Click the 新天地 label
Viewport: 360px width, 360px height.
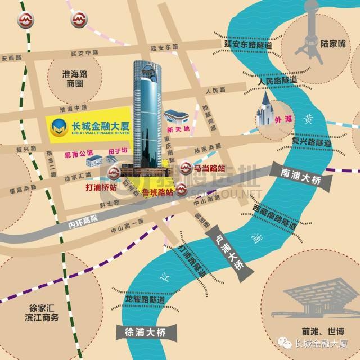point(179,129)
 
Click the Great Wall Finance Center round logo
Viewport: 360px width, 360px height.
point(57,128)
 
